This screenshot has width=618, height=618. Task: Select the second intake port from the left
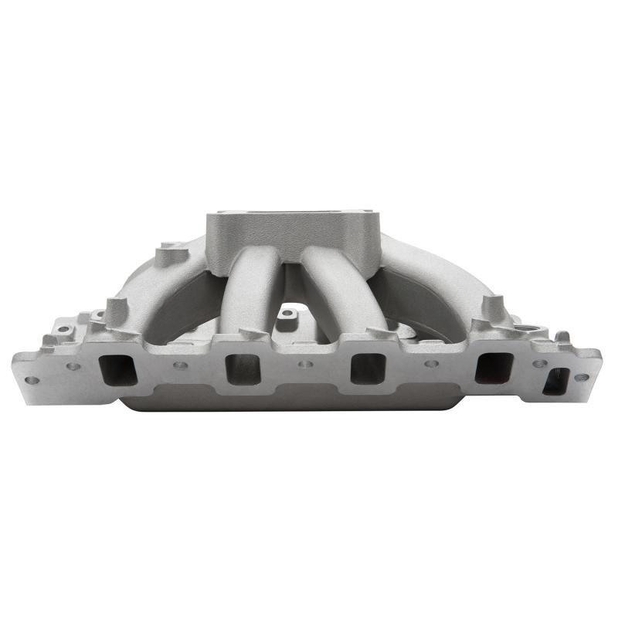(243, 368)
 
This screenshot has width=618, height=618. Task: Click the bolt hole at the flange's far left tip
(31, 380)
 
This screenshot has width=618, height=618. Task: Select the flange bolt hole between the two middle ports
(305, 362)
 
